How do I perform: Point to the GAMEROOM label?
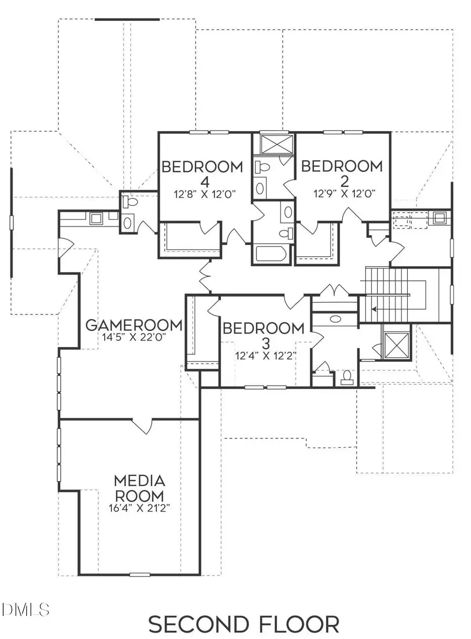[134, 325]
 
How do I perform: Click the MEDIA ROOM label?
[139, 488]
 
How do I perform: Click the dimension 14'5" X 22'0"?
[134, 338]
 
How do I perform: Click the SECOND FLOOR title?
[243, 625]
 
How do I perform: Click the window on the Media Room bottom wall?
[140, 575]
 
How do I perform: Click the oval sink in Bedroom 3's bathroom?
[335, 318]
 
